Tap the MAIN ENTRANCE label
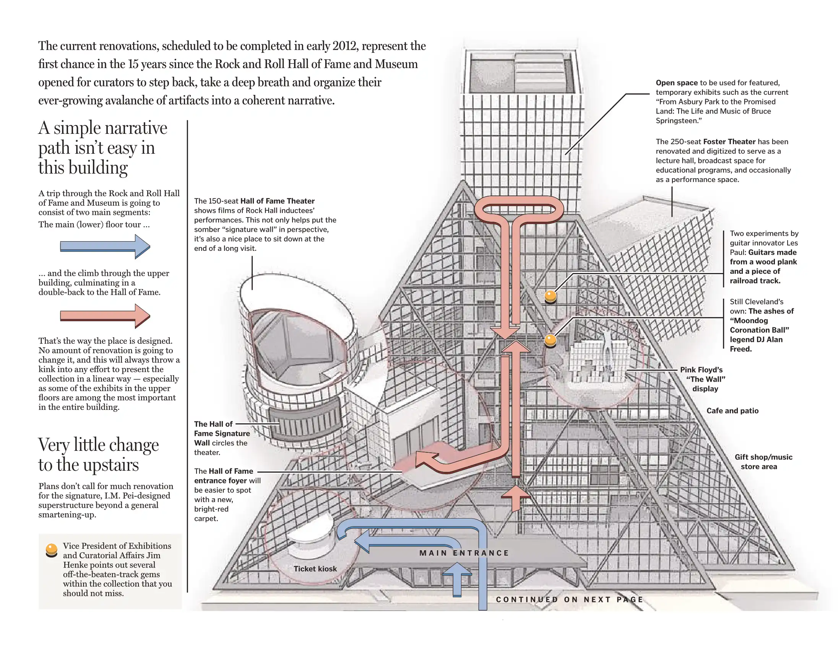coord(464,553)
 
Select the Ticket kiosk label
coord(315,569)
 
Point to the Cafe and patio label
coord(732,411)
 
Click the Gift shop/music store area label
coord(763,462)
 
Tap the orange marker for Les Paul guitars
coord(551,296)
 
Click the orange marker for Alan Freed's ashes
coord(551,340)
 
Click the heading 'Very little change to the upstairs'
coord(98,455)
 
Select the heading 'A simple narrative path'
coord(102,148)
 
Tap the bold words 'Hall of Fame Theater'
coord(277,201)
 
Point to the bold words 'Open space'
coord(676,83)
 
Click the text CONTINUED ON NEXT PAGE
coord(569,600)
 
